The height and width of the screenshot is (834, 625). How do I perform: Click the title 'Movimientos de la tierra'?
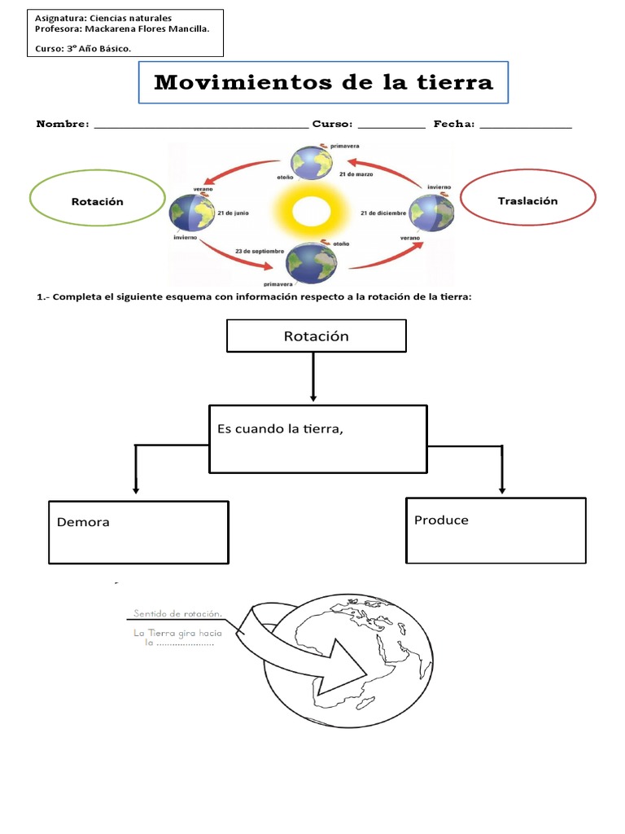click(x=323, y=82)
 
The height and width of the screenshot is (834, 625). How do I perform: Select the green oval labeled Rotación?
click(x=97, y=201)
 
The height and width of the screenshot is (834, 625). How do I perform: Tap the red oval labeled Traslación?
click(x=527, y=200)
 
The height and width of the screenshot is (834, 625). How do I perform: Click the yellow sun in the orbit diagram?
click(x=307, y=213)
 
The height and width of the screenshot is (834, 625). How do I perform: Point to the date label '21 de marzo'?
click(x=356, y=174)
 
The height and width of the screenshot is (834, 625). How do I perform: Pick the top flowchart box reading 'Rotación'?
click(x=316, y=336)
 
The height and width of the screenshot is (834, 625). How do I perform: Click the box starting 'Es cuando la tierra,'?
click(x=317, y=439)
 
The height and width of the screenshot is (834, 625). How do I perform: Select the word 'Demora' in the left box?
click(x=83, y=522)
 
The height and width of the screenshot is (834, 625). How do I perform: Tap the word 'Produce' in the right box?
click(x=441, y=520)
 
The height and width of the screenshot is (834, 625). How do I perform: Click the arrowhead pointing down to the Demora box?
click(x=136, y=490)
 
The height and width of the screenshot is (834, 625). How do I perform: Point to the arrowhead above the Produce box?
click(x=502, y=489)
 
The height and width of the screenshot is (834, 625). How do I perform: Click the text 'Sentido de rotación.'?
click(x=177, y=615)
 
